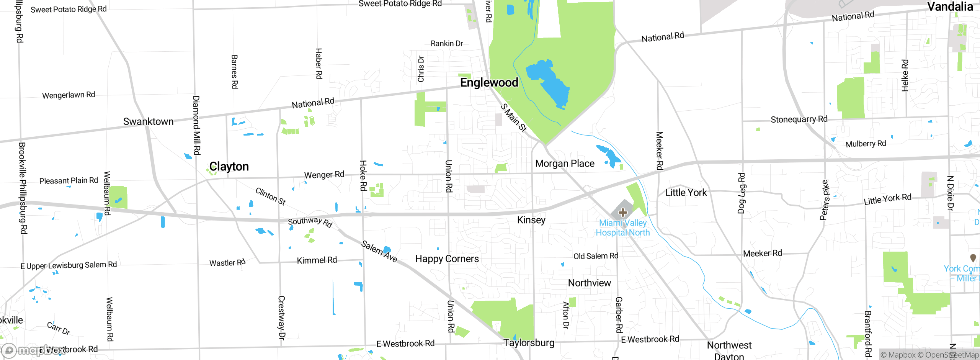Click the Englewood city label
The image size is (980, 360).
(x=489, y=82)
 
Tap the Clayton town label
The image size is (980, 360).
(x=229, y=167)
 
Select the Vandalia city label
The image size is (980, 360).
(x=950, y=7)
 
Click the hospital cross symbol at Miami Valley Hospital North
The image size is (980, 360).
(x=623, y=212)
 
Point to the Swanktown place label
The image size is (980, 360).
(x=148, y=121)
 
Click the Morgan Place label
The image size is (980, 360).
(x=565, y=164)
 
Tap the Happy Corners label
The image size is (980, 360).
(x=447, y=259)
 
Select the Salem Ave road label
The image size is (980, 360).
(x=379, y=252)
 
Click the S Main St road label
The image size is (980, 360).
(x=514, y=118)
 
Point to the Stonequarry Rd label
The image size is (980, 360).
(x=799, y=119)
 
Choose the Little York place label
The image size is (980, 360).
(x=686, y=193)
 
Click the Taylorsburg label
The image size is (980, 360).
(x=529, y=343)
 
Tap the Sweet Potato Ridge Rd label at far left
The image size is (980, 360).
(x=69, y=9)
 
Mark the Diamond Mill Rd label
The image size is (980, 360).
(x=196, y=125)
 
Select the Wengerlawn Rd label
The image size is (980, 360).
(x=69, y=95)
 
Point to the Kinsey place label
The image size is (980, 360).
(x=531, y=220)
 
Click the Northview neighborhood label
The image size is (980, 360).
(x=589, y=283)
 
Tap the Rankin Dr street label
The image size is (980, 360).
(x=447, y=43)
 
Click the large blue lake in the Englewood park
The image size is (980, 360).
(x=547, y=82)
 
